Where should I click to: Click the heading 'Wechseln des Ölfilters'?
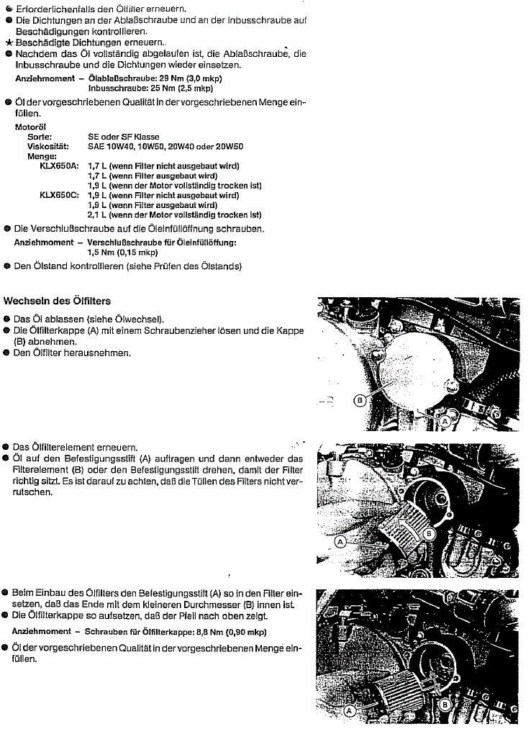coord(58,300)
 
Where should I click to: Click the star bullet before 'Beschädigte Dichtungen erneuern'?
coord(8,42)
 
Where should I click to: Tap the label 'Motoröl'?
coord(30,127)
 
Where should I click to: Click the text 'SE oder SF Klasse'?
coord(124,137)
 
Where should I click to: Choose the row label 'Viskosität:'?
coord(48,146)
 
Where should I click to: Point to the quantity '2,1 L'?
coord(97,214)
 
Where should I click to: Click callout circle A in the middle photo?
coord(342,539)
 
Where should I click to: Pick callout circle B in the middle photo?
coord(429,533)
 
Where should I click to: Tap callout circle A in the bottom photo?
coord(350,710)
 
